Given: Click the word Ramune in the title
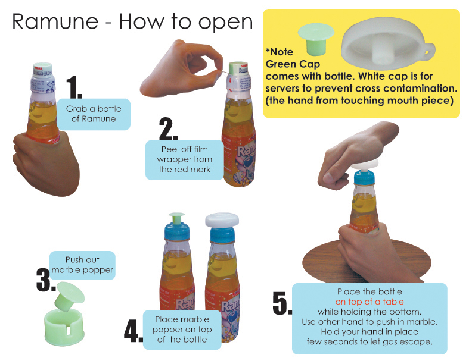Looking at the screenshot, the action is (55, 21).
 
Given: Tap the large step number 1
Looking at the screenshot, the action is (74, 87).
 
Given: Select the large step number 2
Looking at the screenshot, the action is (168, 129).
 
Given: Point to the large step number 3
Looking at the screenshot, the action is (45, 280).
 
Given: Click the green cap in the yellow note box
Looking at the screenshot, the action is (316, 39).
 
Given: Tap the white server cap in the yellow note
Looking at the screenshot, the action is (388, 42).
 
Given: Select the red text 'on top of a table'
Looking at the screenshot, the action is (369, 302).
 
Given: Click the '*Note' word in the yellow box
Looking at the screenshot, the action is (280, 52).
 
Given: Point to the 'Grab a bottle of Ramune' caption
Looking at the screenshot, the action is (94, 114).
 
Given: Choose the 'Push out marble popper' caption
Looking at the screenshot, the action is (82, 265).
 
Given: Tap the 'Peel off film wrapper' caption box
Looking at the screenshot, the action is (184, 159).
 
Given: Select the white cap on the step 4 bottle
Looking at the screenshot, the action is (222, 219).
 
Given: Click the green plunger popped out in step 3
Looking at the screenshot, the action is (69, 296).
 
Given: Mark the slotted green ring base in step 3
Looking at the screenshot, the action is (64, 327).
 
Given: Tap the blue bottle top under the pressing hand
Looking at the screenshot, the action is (364, 178).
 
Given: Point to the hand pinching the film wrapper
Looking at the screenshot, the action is (182, 70).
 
